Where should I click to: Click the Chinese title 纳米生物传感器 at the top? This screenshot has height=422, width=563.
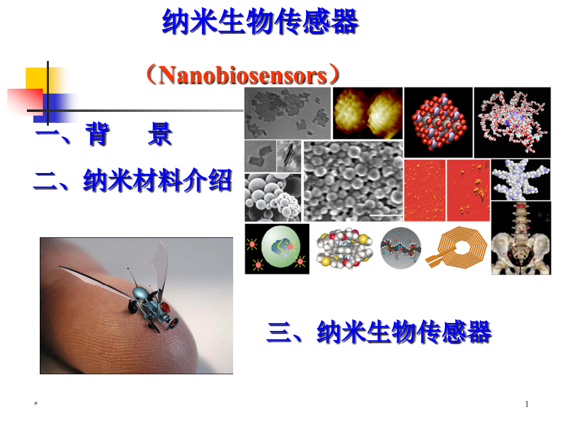click(260, 23)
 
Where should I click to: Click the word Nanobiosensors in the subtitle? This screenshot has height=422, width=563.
click(242, 76)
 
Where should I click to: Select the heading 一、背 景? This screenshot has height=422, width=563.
click(104, 135)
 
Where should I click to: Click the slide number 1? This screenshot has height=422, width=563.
click(527, 404)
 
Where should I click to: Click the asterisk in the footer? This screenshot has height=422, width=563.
click(36, 405)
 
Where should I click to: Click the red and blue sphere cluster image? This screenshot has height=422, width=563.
click(438, 122)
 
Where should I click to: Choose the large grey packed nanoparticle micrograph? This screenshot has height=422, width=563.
click(353, 181)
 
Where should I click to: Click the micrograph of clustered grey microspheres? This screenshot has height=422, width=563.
click(272, 198)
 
